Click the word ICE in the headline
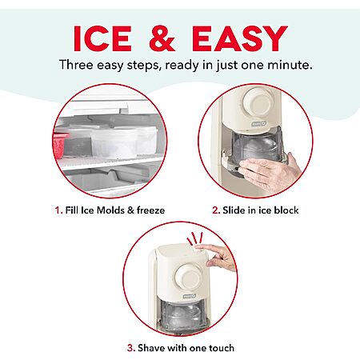[x=102, y=38]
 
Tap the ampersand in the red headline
[x=162, y=38]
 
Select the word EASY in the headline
[x=240, y=38]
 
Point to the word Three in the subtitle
[x=76, y=65]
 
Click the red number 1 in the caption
[x=58, y=210]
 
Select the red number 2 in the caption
[x=216, y=210]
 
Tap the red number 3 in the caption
[x=130, y=348]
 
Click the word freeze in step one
[x=150, y=210]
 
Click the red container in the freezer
[x=59, y=146]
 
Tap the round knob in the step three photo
[x=188, y=276]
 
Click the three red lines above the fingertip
[x=194, y=238]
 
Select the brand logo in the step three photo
[x=190, y=296]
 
